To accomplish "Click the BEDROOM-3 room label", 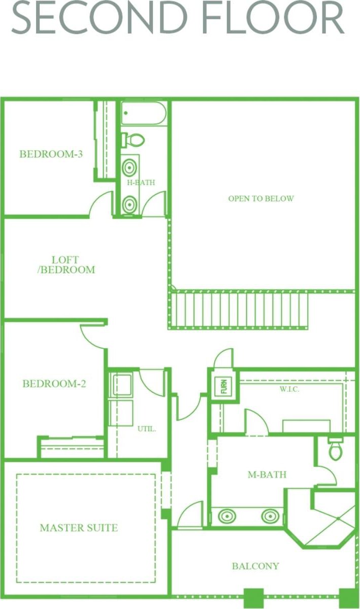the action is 51,154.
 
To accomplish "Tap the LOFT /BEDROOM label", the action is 66,265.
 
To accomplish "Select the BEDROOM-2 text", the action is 54,384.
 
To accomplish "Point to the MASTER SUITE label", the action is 79,528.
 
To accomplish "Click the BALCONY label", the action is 255,566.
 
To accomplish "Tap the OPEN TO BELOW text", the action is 261,199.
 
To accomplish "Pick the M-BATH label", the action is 267,475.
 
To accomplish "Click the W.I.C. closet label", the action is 289,389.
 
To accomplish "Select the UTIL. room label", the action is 147,429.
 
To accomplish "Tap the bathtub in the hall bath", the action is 144,113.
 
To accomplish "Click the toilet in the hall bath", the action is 133,140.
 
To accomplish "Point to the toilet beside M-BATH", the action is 336,449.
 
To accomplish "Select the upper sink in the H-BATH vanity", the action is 129,167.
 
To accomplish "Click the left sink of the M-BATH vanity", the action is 226,516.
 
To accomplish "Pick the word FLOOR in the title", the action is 273,17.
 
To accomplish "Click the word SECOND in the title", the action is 100,17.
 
